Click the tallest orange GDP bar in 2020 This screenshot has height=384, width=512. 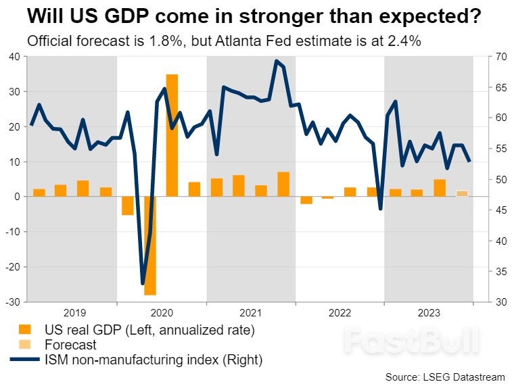click(172, 135)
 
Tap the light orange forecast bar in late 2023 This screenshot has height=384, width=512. click(462, 193)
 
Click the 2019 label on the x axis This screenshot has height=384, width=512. click(74, 312)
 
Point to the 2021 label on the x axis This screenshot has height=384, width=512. click(251, 312)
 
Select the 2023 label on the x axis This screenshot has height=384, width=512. click(428, 312)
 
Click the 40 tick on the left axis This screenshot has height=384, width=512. click(14, 56)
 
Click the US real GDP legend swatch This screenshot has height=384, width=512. click(24, 330)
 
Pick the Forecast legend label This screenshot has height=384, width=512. click(70, 345)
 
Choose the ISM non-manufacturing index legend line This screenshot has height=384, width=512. click(24, 360)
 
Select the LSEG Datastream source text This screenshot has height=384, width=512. click(446, 375)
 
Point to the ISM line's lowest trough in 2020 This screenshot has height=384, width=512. click(143, 283)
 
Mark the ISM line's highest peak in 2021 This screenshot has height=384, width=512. click(277, 61)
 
